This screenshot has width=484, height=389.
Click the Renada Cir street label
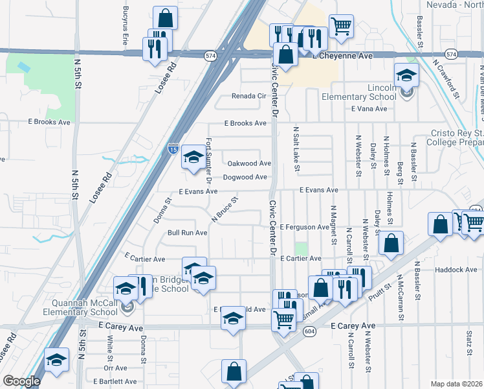click(x=249, y=96)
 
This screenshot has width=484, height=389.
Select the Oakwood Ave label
click(x=248, y=163)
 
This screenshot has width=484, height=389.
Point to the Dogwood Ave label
click(x=245, y=177)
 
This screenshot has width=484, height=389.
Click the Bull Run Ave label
click(x=186, y=232)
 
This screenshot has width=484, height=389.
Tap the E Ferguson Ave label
click(x=305, y=227)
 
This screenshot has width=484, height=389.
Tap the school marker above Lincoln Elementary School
click(x=407, y=75)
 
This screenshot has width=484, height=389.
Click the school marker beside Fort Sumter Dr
click(x=193, y=157)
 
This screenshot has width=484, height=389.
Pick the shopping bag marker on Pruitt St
click(x=391, y=243)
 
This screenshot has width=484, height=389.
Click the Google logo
click(x=21, y=381)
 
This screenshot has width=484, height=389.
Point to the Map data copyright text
click(x=456, y=384)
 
